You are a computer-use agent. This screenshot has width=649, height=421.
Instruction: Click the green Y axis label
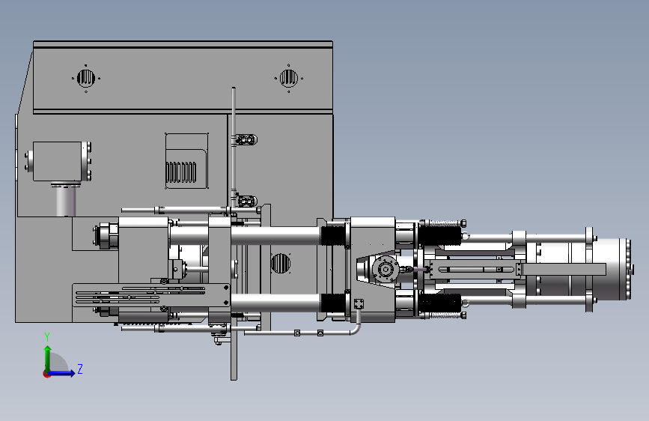coord(47,337)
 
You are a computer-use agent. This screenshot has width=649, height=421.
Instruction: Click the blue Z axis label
coord(80,369)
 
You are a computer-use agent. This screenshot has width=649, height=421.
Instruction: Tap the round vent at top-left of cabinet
coord(86,78)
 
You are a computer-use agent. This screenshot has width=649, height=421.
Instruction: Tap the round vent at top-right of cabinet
coord(288,78)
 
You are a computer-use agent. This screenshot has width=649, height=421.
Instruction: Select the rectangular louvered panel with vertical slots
coord(186,161)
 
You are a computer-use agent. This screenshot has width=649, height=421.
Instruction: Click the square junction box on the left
coord(57,161)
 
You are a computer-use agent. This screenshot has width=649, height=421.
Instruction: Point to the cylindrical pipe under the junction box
coord(66,200)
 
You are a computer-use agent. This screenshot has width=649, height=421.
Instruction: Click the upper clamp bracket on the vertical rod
coord(246,139)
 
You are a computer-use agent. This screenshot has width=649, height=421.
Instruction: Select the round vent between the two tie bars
coord(280,263)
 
